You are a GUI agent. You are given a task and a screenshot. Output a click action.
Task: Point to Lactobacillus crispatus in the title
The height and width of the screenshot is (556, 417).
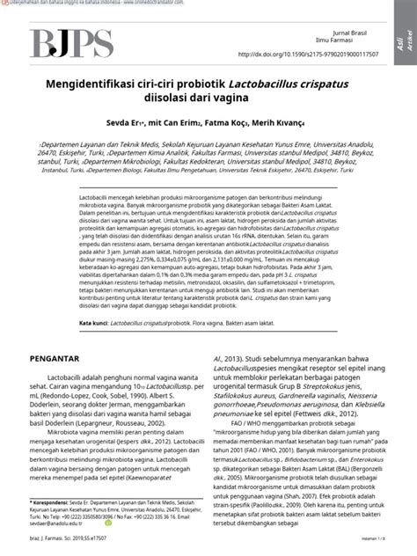coord(304,82)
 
